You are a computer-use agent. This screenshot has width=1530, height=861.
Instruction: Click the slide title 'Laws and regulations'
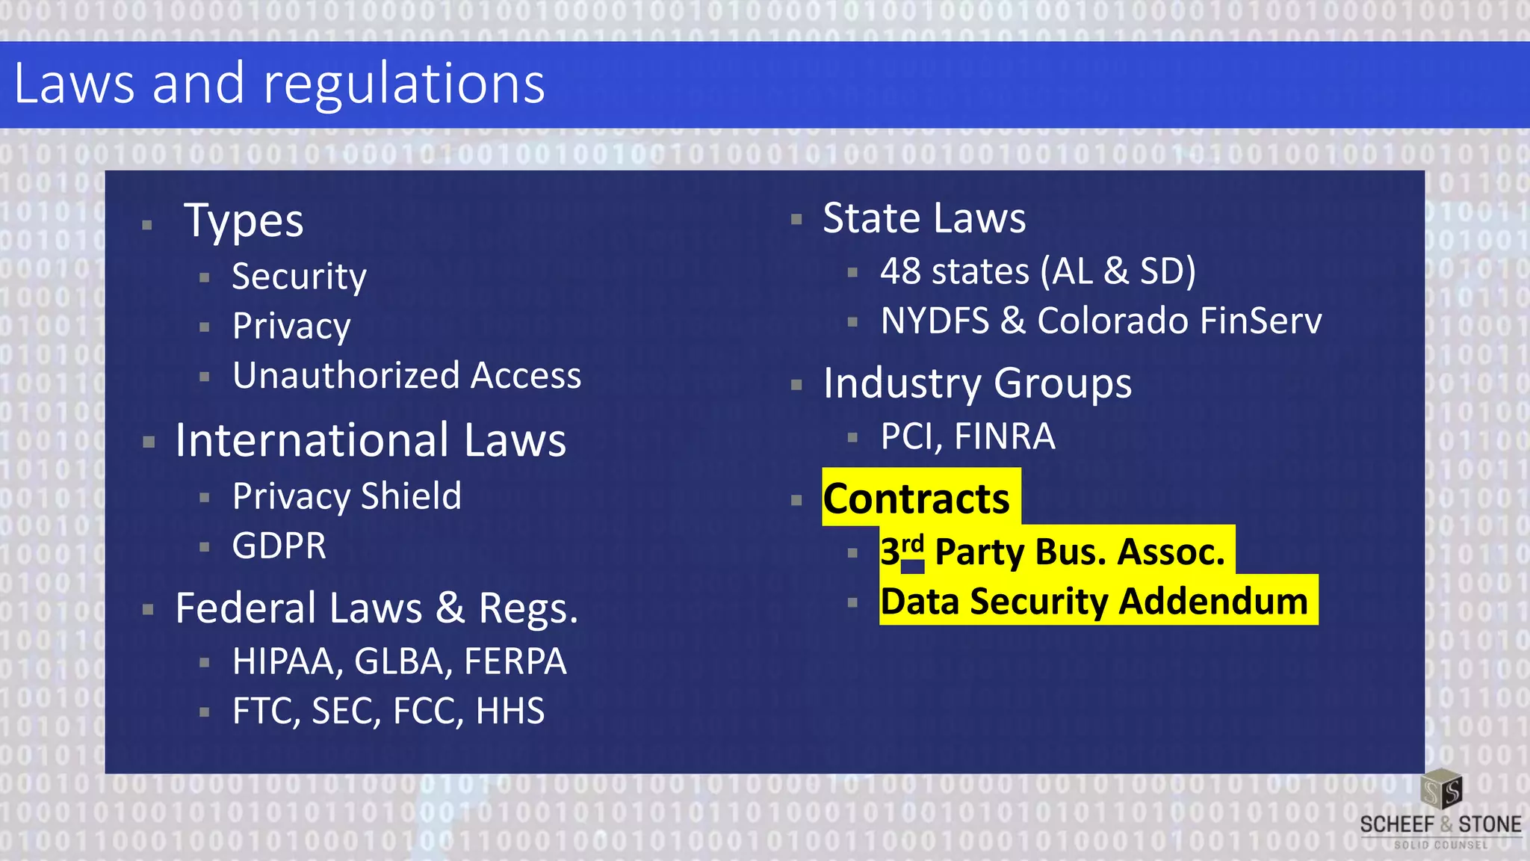pos(279,84)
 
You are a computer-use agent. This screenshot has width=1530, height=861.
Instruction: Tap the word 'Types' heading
pos(244,221)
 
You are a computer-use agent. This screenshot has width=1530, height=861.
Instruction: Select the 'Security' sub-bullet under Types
pos(299,277)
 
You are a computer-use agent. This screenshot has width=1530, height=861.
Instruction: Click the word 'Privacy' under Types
pos(291,326)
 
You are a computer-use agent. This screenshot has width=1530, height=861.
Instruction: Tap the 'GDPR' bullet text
pos(279,546)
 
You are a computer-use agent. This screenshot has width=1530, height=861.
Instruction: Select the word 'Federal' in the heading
pos(245,608)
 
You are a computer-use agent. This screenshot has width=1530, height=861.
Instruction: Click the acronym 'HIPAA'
pos(287,661)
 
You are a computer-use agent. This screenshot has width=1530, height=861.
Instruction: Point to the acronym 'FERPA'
pos(515,661)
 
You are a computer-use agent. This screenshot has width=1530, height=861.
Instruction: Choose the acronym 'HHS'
pos(510,711)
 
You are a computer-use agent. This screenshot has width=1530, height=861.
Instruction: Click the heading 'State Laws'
pos(924,218)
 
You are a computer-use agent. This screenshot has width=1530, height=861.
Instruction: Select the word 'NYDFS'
pos(935,321)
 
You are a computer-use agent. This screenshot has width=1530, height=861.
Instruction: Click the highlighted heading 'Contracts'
pos(916,499)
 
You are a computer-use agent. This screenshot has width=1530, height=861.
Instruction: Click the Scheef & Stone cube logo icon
pos(1441,790)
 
